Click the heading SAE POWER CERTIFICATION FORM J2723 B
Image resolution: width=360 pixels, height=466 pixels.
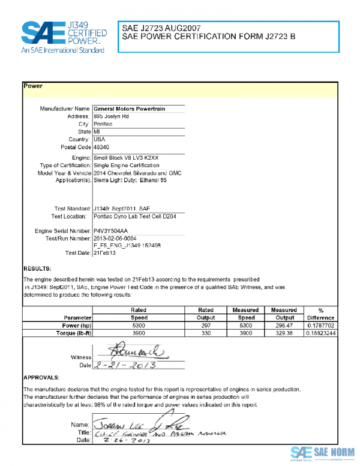[x=208, y=37]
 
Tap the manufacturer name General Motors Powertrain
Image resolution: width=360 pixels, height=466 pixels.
[x=129, y=109]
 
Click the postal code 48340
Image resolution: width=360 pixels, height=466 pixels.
[x=101, y=147]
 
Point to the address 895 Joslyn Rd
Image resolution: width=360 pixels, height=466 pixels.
[x=111, y=116]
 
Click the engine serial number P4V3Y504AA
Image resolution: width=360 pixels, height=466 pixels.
[x=111, y=231]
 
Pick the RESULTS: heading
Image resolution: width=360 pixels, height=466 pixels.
[x=37, y=268]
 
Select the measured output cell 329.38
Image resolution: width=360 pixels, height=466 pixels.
[x=285, y=333]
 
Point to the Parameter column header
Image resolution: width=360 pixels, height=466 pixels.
[x=77, y=317]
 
